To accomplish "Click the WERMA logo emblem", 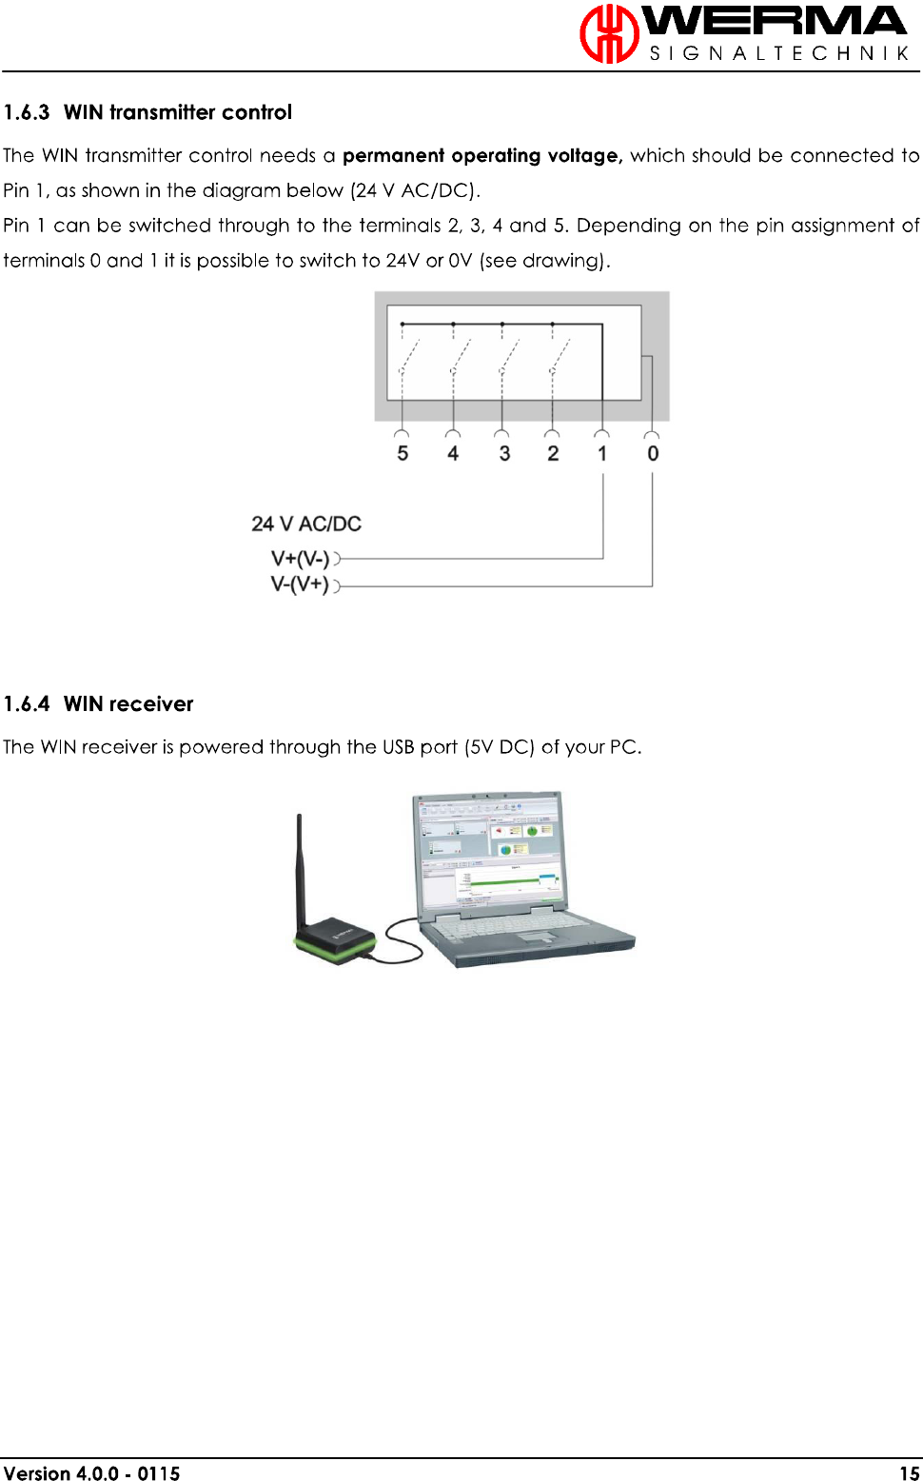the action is click(x=609, y=33).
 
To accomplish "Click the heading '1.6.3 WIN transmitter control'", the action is click(x=147, y=112).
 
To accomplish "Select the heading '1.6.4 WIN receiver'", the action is click(x=98, y=704).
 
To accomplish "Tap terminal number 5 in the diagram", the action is click(x=403, y=453).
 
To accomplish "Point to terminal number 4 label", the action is click(x=453, y=453).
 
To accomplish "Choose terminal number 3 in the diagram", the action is click(x=504, y=453).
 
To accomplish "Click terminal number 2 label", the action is click(x=553, y=453).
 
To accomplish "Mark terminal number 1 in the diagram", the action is click(x=602, y=453).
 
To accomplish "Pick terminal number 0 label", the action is click(x=653, y=453).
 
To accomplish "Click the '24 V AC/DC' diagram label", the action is click(x=306, y=523).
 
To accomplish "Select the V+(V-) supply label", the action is click(x=300, y=559).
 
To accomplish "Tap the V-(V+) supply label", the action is click(x=300, y=584).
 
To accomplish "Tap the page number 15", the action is click(x=910, y=1473).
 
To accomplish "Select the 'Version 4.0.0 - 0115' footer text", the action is click(x=91, y=1473).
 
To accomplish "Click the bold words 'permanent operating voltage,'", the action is click(x=482, y=155).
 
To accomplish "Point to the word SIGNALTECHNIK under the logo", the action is click(x=778, y=53).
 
